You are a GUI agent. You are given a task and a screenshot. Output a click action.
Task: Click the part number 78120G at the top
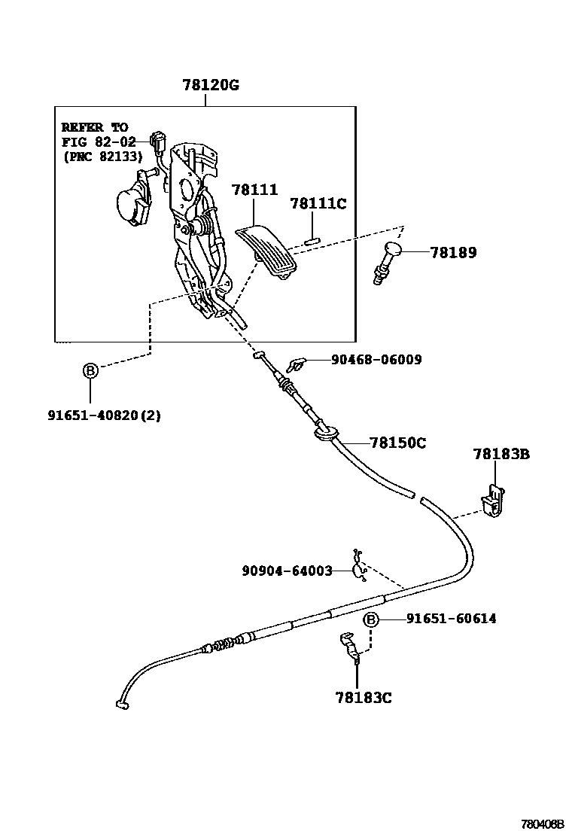[210, 85]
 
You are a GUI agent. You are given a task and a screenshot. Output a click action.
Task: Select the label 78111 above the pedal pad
[254, 190]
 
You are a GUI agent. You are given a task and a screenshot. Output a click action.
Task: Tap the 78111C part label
[318, 203]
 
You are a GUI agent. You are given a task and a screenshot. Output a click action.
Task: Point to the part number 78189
[454, 253]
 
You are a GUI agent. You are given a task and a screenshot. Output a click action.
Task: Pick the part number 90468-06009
[376, 360]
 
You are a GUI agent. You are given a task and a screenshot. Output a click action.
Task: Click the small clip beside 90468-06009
[295, 366]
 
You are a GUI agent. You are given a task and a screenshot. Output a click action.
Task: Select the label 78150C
[397, 443]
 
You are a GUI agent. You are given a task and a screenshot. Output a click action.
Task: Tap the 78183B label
[501, 454]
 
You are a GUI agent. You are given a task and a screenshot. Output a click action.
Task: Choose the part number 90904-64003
[287, 571]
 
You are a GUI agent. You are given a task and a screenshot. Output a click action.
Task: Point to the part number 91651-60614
[451, 619]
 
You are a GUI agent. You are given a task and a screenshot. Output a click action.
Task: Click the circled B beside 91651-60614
[371, 619]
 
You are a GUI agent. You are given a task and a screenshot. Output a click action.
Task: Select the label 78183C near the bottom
[364, 698]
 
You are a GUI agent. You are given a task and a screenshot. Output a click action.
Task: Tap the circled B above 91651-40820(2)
[90, 370]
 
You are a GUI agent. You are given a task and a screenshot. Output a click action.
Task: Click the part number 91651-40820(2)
[105, 415]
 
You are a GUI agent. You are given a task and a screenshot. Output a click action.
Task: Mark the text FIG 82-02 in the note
[99, 142]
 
